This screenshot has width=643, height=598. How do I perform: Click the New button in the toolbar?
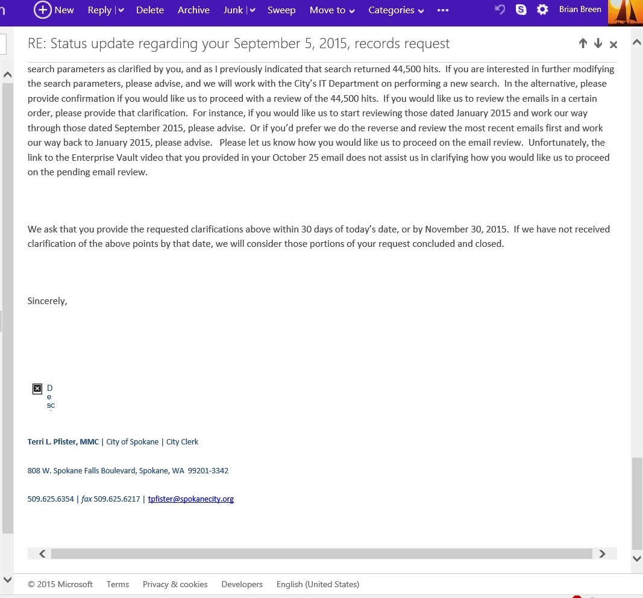pos(54,10)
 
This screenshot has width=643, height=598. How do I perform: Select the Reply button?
pos(99,10)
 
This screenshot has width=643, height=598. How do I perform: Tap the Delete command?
pos(150,10)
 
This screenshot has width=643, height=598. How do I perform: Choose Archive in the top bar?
pos(193,10)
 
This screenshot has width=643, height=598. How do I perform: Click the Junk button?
pos(233,10)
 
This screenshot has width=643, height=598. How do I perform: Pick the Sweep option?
pos(281,10)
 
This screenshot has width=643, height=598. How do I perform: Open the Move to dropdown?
pos(332,10)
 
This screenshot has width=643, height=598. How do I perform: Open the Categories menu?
pos(396,10)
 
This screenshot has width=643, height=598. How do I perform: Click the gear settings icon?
pos(542,10)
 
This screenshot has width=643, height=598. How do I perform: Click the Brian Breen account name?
pos(580,10)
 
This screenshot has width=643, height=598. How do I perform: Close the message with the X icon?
pos(613,44)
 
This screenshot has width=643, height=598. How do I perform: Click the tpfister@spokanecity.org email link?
pos(190,499)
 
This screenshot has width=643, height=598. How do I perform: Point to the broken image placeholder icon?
pos(37,389)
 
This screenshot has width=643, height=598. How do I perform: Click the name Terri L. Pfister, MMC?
pos(63,441)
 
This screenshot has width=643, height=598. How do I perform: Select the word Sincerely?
pos(47,301)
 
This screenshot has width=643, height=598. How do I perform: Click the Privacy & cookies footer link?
pos(175,584)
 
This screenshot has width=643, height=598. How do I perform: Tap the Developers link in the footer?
pos(242,584)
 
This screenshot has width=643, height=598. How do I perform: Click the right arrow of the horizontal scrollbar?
pos(602,553)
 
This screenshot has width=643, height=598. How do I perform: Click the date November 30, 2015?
pos(468,229)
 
